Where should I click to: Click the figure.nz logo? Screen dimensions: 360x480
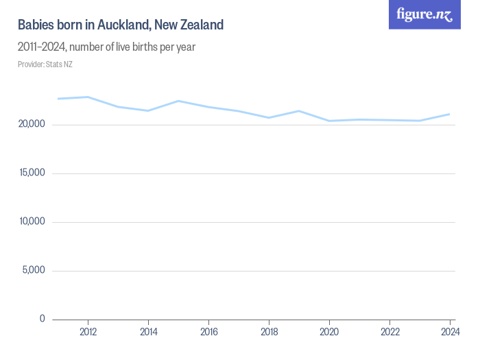[424, 14]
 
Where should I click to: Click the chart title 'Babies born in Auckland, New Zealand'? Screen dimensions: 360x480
[121, 25]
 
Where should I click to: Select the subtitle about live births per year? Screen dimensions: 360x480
[107, 47]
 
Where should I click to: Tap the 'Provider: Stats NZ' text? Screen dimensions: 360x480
[45, 64]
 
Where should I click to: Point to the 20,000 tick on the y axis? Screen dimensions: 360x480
[32, 124]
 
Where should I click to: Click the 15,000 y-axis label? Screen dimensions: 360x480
[32, 173]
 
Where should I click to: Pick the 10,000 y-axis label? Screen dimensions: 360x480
[32, 221]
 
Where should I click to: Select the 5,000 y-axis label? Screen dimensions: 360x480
[34, 270]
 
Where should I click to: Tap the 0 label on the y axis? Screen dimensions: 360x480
[42, 319]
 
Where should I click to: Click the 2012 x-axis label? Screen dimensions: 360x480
[88, 332]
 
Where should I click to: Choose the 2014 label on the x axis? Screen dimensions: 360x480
[148, 332]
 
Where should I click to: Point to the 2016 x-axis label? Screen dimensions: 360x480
[208, 332]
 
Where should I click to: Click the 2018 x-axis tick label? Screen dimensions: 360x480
[269, 332]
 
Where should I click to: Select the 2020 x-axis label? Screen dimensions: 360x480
[329, 332]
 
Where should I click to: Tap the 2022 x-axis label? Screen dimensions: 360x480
[389, 332]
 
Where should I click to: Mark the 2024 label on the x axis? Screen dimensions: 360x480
[450, 332]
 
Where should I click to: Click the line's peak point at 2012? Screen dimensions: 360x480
[88, 97]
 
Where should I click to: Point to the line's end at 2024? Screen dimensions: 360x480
[450, 114]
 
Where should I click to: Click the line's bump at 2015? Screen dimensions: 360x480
[178, 101]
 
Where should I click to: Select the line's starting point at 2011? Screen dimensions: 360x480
[58, 99]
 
